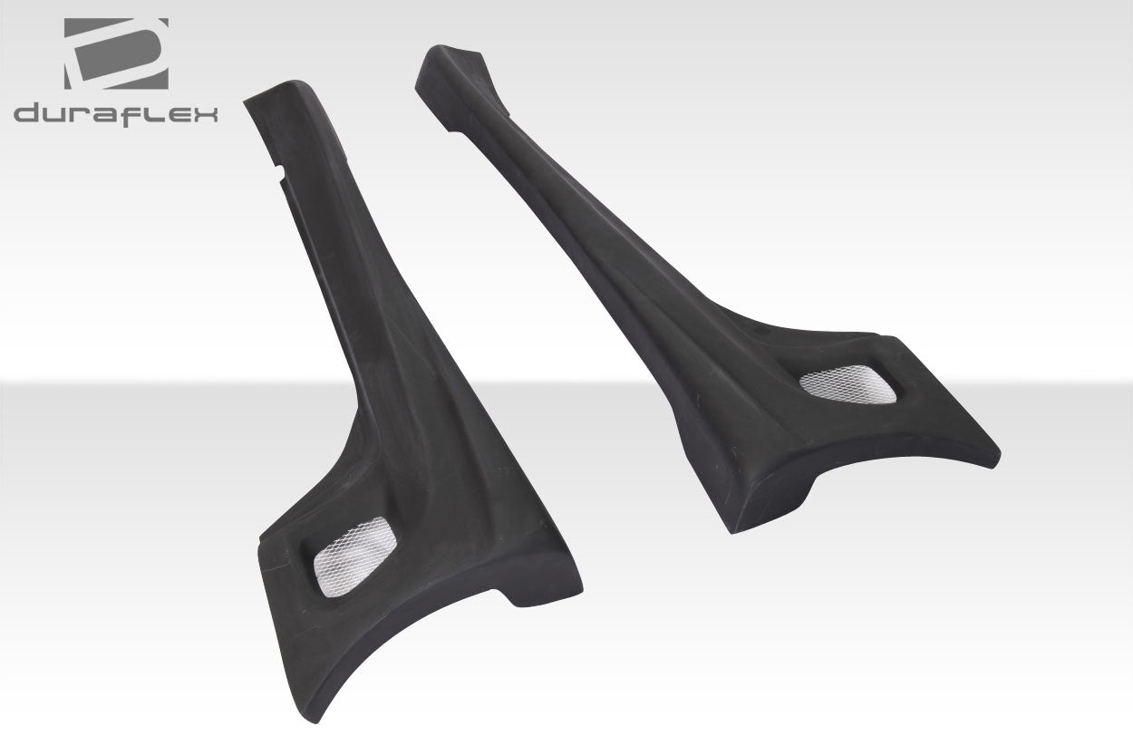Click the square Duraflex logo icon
click(116, 53)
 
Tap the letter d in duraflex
click(27, 115)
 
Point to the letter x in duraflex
click(205, 115)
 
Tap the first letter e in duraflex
click(179, 115)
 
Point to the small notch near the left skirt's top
click(287, 168)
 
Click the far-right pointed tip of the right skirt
click(997, 453)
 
